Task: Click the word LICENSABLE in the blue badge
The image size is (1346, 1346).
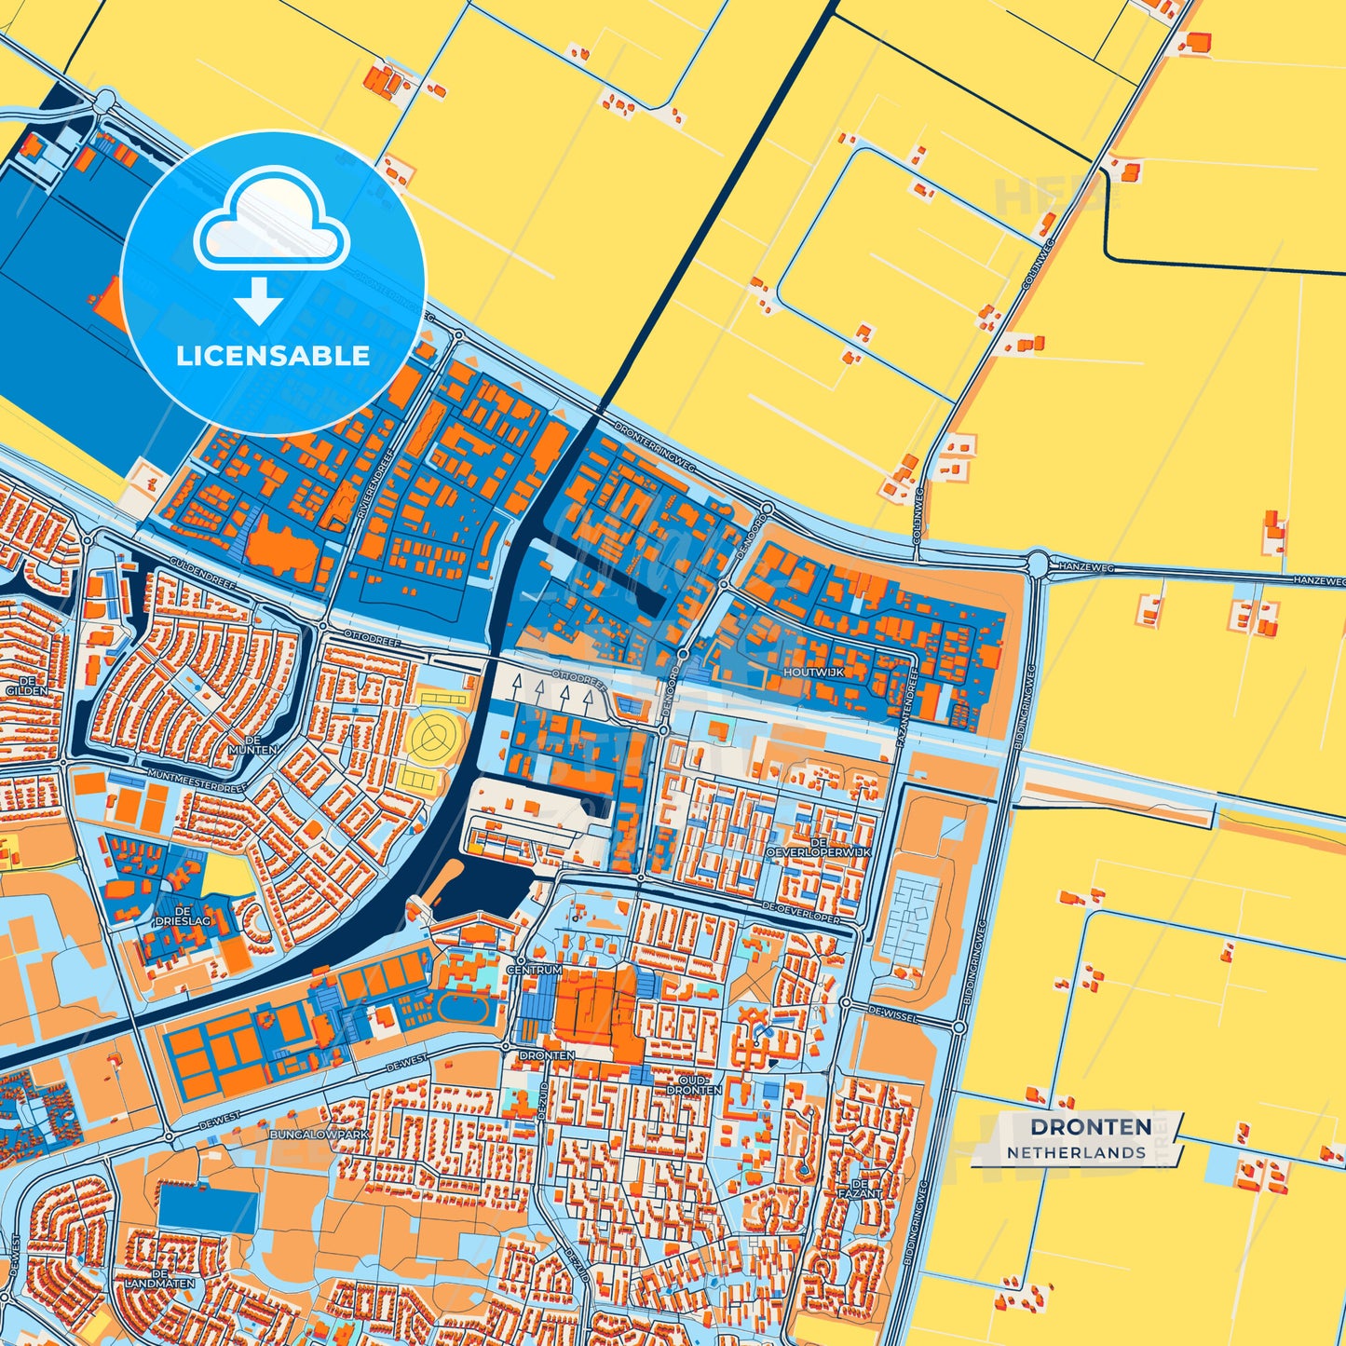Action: pos(273,356)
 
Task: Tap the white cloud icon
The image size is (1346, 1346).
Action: pos(271,220)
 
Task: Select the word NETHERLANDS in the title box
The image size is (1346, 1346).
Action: pos(1076,1152)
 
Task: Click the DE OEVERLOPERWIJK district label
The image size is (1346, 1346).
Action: pos(817,845)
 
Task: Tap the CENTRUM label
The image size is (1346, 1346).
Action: pos(535,970)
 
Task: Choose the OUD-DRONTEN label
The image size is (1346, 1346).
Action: pos(695,1084)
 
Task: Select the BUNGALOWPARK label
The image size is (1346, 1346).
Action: pos(320,1135)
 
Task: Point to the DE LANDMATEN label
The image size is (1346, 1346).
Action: pos(160,1278)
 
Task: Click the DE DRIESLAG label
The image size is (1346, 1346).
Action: pos(183,916)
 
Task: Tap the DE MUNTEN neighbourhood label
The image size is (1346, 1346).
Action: pos(252,743)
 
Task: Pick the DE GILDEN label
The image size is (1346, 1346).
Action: pos(20,686)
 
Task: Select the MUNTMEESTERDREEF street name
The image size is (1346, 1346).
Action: pos(195,781)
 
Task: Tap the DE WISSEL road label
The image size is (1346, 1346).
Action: pos(892,1012)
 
